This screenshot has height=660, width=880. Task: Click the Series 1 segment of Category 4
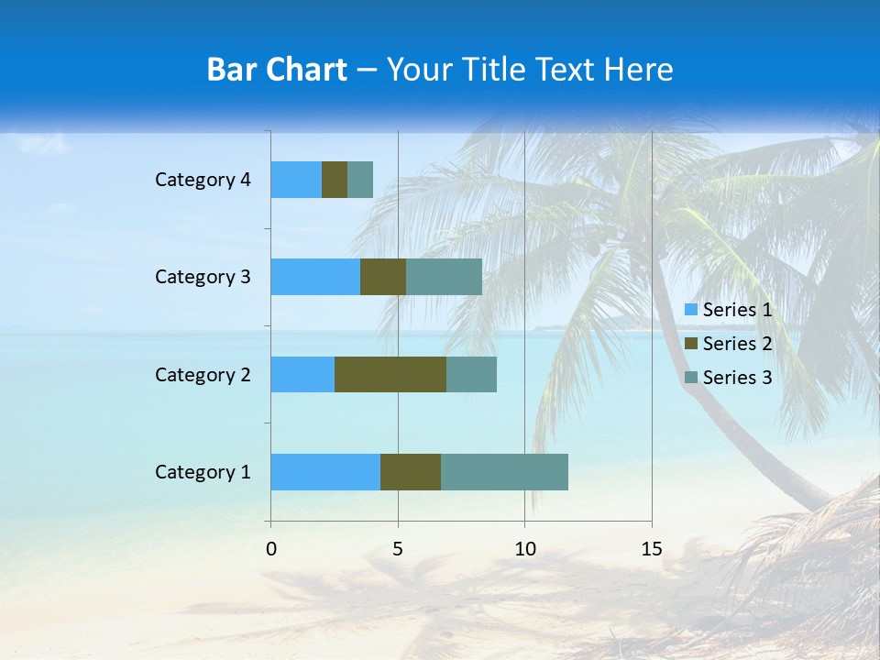click(296, 180)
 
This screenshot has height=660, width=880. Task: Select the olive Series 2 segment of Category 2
click(390, 374)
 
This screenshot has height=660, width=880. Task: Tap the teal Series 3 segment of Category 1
click(504, 472)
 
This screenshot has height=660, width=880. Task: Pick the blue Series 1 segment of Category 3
click(315, 277)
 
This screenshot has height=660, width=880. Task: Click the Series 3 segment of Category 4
click(360, 180)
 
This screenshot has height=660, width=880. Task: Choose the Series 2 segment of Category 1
click(411, 472)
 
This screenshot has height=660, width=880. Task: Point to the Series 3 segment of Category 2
click(471, 374)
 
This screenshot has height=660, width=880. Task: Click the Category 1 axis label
click(203, 472)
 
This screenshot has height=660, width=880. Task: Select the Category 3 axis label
click(203, 277)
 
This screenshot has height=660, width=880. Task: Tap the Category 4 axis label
click(203, 180)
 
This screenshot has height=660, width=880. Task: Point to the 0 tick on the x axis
click(271, 549)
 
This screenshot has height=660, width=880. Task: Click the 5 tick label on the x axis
click(398, 549)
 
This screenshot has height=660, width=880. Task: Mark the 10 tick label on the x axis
click(524, 549)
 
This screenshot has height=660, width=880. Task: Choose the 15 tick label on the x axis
click(651, 549)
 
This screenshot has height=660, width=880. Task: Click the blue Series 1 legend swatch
click(690, 310)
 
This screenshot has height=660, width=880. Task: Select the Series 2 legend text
click(737, 344)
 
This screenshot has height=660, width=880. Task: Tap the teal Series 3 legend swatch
click(690, 378)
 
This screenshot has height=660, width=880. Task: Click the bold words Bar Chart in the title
click(277, 70)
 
